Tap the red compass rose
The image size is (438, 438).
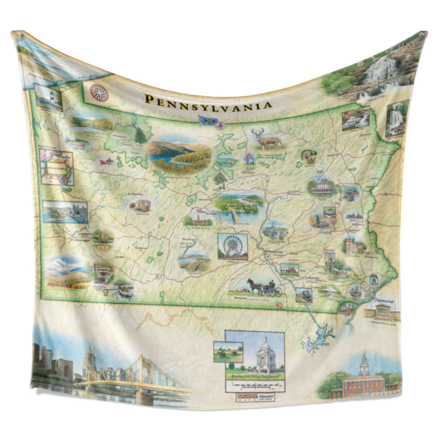pos(99,92)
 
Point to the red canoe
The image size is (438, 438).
pos(106,161)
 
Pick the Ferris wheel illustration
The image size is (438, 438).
pos(232,246)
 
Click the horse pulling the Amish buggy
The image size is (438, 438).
pos(254,286)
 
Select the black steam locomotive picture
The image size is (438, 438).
pos(304,295)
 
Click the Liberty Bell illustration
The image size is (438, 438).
pos(374,279)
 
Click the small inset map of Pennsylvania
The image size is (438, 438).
pos(57,167)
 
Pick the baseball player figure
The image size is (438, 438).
pos(250,159)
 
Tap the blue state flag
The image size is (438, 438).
pos(205,120)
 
